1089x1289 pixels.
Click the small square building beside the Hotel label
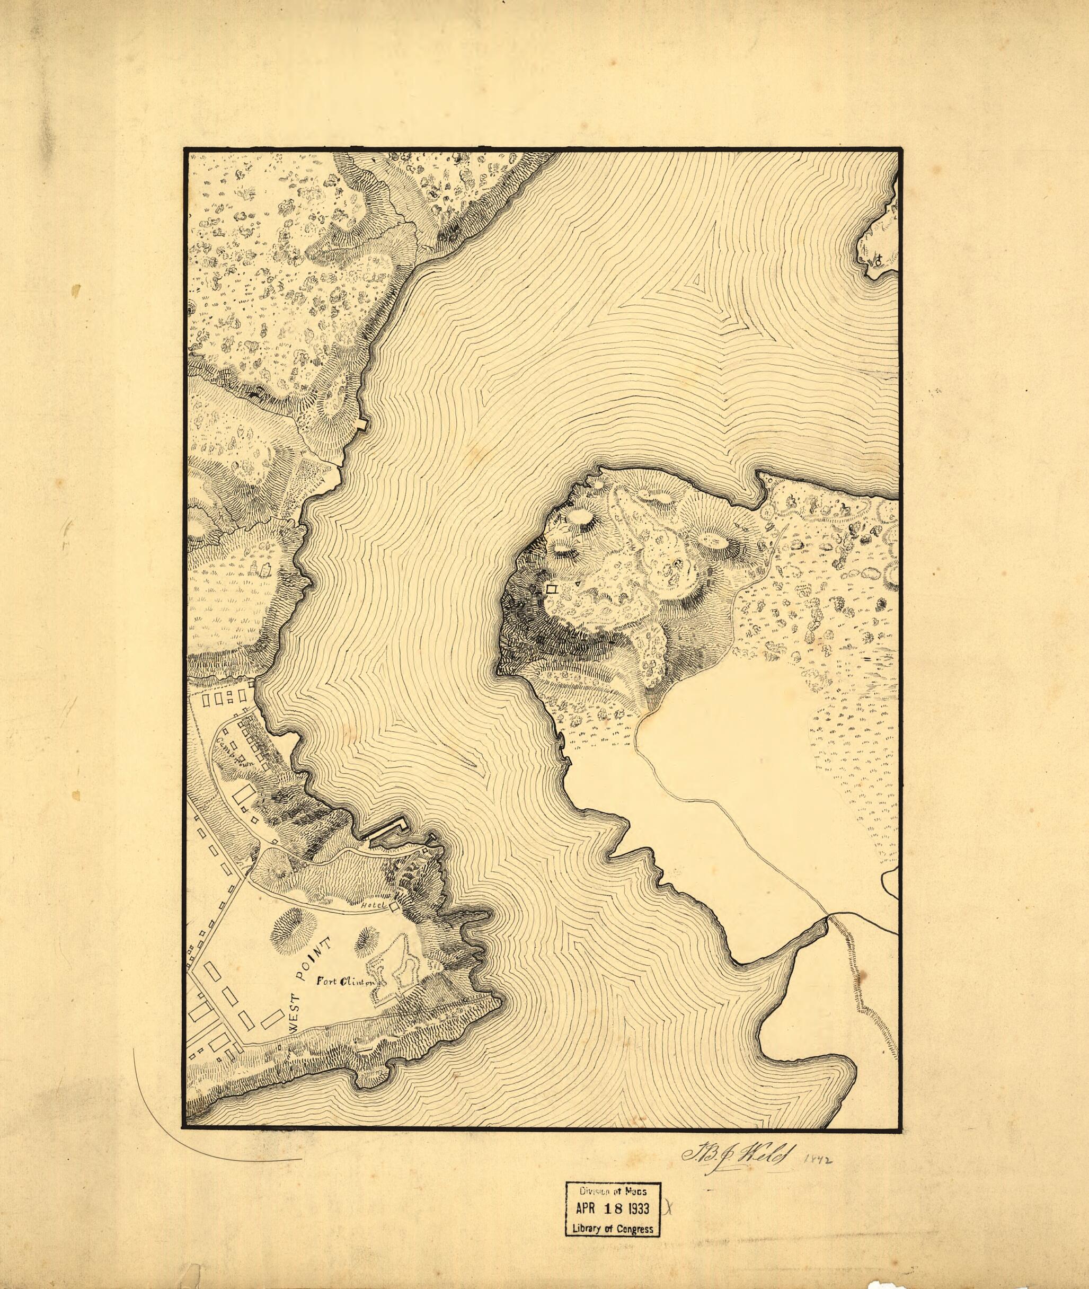click(393, 906)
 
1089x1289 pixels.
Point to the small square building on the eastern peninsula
click(552, 589)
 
